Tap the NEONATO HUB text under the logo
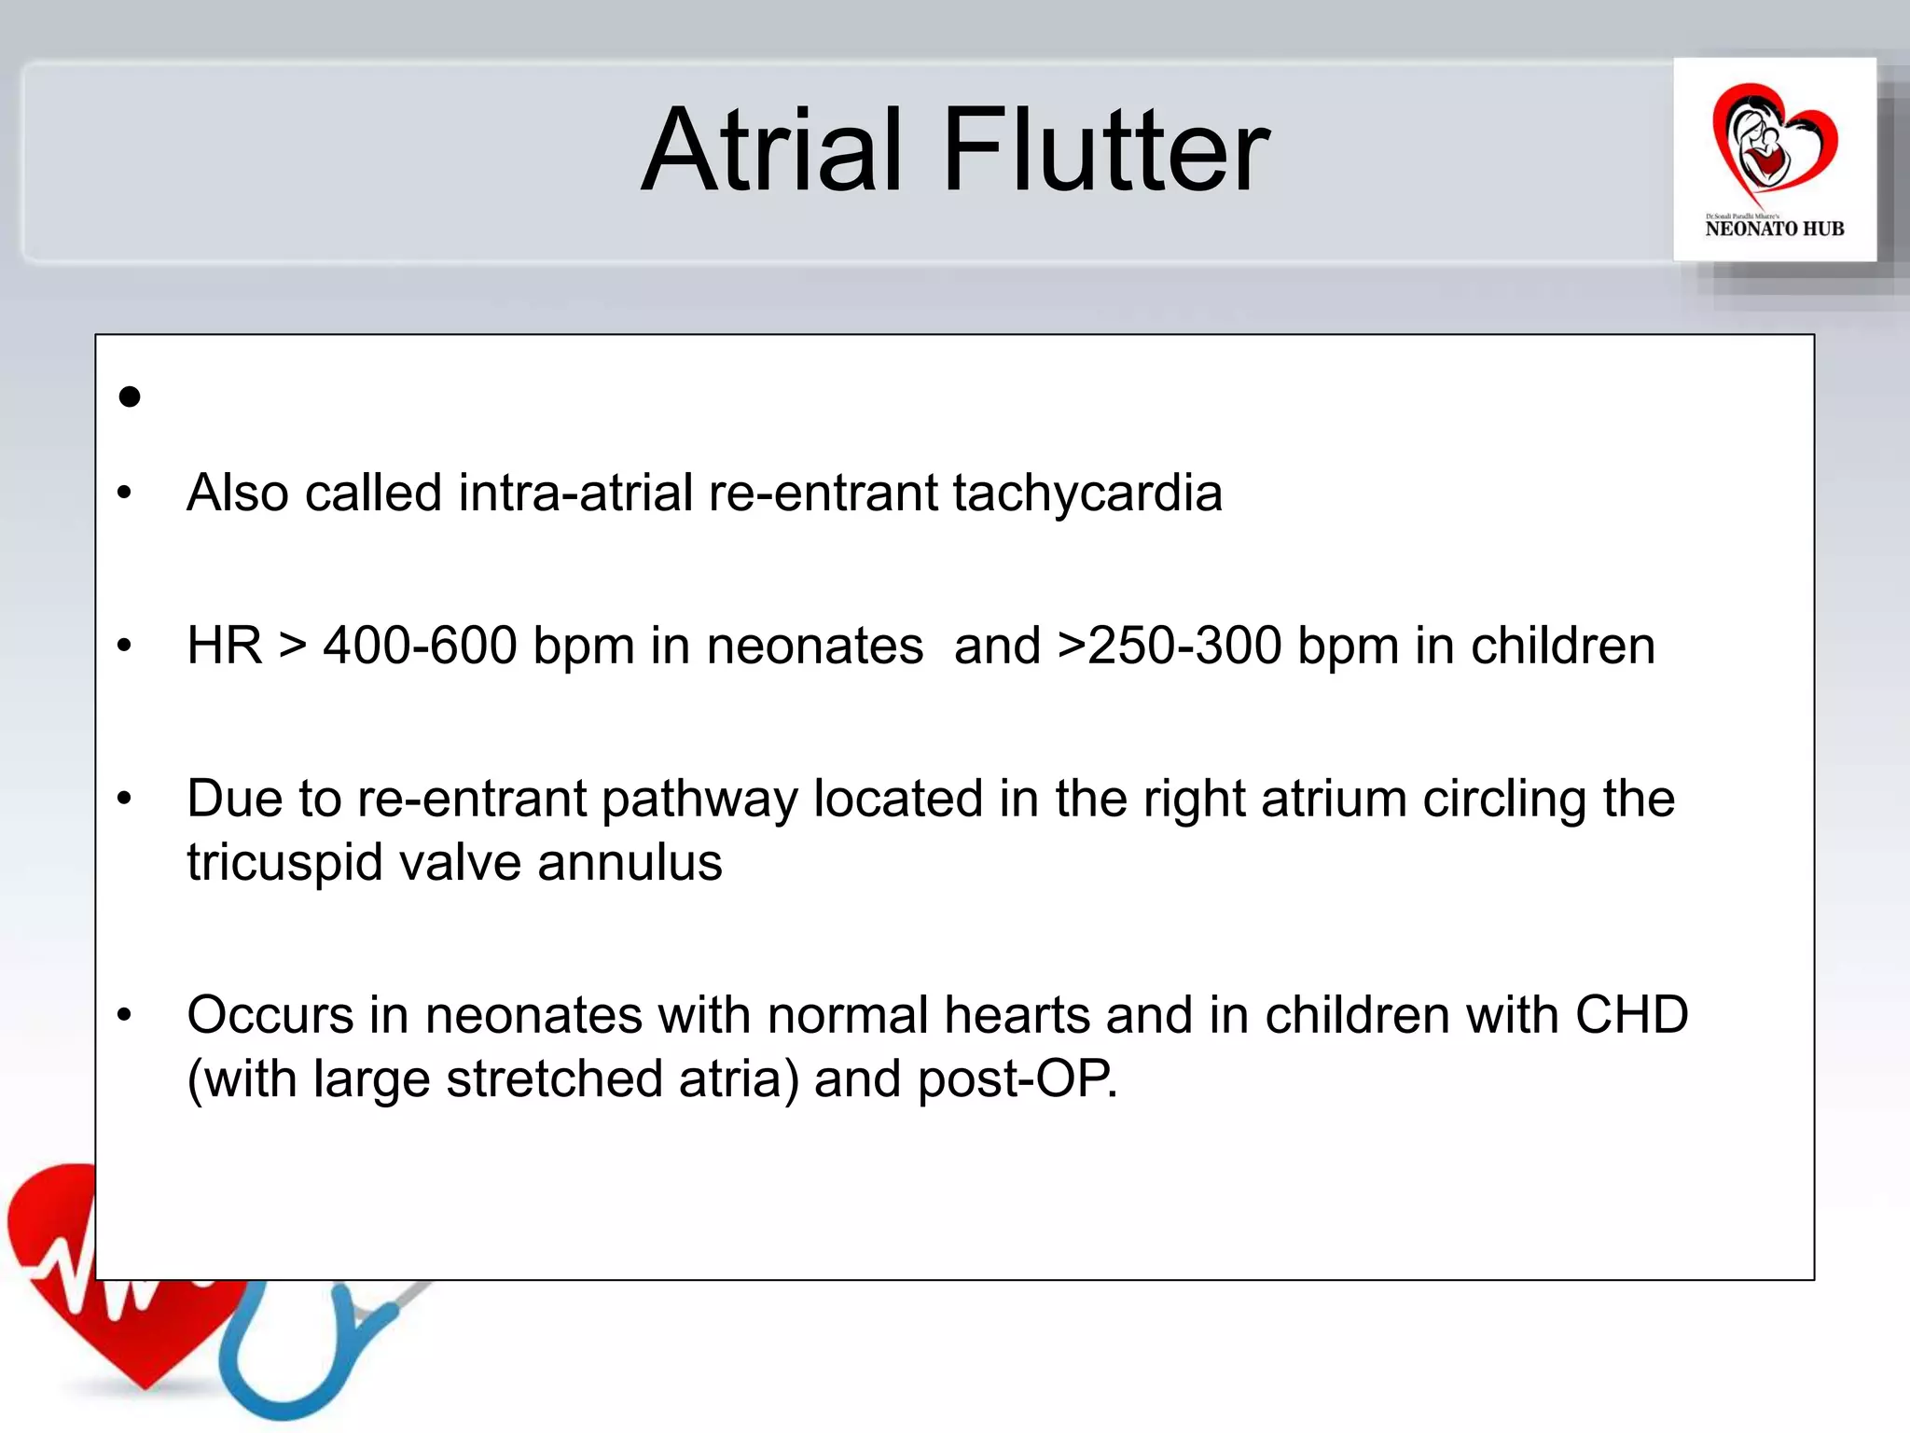(1774, 229)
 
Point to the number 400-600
(420, 646)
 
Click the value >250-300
(1170, 646)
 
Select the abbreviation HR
(224, 646)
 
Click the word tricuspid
(284, 863)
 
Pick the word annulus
(630, 862)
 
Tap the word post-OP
(1017, 1079)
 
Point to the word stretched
(554, 1079)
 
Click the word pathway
(699, 800)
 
